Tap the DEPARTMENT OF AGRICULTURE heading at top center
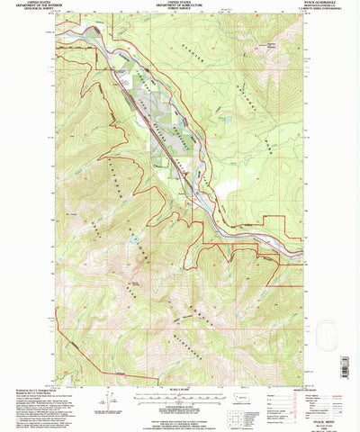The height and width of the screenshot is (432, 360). (180, 7)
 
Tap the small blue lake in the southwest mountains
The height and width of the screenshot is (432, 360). (133, 241)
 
